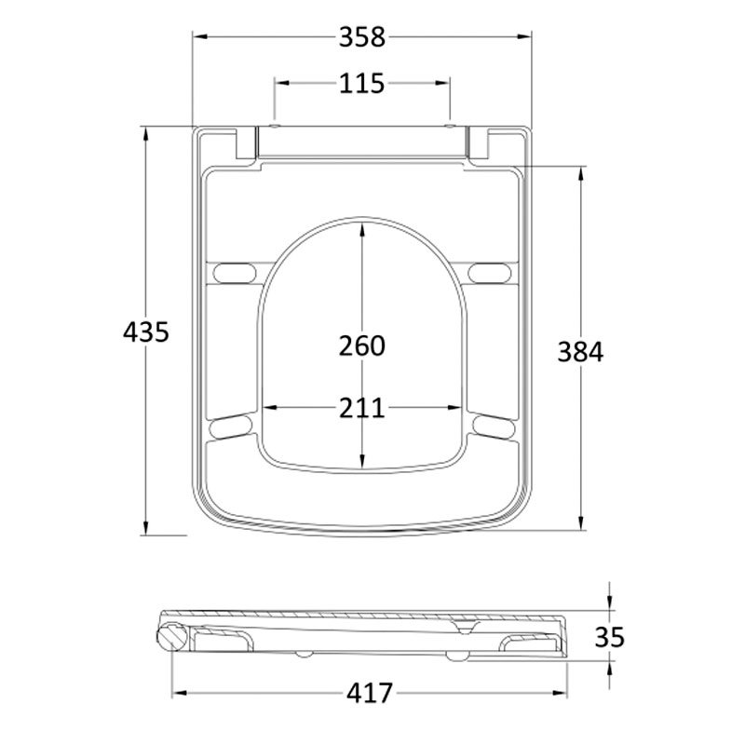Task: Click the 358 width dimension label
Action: pos(361,37)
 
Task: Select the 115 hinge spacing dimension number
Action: pos(361,83)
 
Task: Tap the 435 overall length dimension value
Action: pos(146,331)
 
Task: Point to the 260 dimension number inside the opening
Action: pos(361,345)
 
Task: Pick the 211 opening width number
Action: pos(361,408)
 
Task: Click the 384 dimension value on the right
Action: pos(581,352)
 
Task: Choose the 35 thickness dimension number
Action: pos(608,637)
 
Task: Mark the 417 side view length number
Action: pos(370,694)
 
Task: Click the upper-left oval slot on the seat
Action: pos(233,271)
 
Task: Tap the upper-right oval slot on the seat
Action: pos(490,271)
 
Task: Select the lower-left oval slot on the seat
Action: pos(233,426)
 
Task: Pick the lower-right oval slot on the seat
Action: pos(490,426)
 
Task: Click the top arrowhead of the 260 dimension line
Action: pos(362,226)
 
